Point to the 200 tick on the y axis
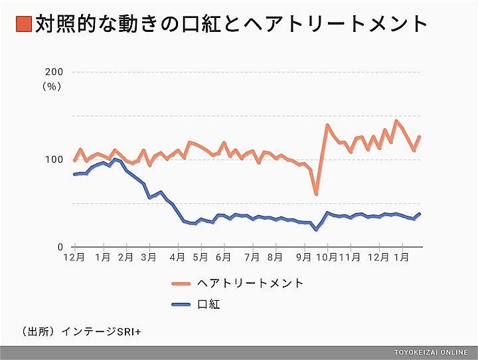pos(54,72)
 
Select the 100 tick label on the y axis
pos(54,159)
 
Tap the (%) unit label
pos(52,86)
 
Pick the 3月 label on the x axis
pos(149,256)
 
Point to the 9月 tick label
pos(304,256)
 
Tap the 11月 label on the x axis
pos(349,256)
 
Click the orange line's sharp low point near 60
pos(316,194)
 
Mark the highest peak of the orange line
pos(396,121)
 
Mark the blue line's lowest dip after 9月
pos(316,230)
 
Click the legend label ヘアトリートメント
pos(250,284)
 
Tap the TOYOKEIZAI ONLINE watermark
pos(430,353)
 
